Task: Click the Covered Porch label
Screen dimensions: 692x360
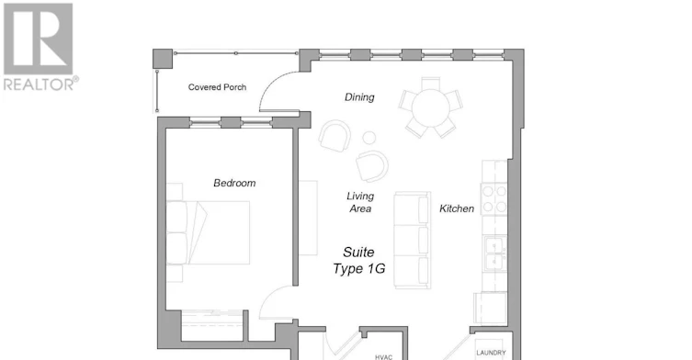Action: [x=217, y=87]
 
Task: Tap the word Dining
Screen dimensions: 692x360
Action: [x=359, y=97]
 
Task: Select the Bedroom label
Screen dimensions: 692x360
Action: [x=234, y=183]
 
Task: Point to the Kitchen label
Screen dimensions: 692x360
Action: [x=457, y=208]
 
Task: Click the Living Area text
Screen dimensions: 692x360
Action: [x=360, y=202]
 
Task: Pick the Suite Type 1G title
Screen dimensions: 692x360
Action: [x=358, y=260]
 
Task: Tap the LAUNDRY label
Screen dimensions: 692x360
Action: [x=491, y=353]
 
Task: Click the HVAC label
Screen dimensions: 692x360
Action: [x=383, y=357]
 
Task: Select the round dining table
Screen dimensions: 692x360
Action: [x=431, y=107]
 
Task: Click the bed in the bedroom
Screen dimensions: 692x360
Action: [x=208, y=232]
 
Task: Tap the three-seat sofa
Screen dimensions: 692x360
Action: [x=413, y=240]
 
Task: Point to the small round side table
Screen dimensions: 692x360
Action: [x=369, y=138]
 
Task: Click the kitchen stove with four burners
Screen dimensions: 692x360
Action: [x=493, y=199]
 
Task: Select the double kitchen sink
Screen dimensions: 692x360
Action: [x=494, y=254]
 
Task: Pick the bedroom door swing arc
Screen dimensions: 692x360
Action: [x=271, y=296]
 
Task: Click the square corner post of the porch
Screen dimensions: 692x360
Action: [x=163, y=59]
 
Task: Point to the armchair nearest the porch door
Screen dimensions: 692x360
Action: [x=335, y=136]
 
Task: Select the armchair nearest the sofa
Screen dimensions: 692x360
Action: [x=372, y=166]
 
